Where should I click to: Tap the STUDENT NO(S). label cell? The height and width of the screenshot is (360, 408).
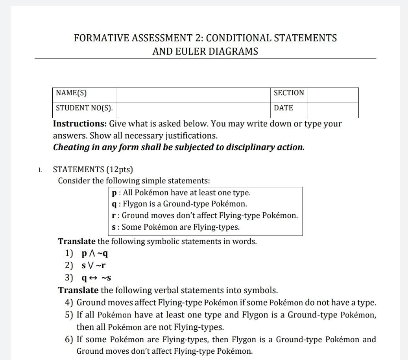click(85, 108)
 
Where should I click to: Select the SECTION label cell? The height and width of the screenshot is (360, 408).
click(288, 93)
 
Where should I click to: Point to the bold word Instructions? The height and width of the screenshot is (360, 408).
click(80, 124)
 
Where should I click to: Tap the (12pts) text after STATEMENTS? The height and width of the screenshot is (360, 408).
click(120, 170)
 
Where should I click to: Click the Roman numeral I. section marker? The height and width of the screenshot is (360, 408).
click(40, 170)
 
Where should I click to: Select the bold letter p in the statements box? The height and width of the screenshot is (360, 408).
click(114, 193)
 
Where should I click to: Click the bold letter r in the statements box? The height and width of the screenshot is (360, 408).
click(114, 216)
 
